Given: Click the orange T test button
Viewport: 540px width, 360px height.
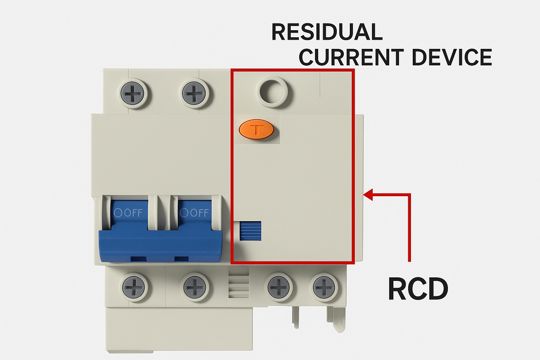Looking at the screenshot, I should [256, 130].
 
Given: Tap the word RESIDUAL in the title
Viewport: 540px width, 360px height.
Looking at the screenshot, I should [327, 32].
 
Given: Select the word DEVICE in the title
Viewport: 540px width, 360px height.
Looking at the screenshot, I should [452, 57].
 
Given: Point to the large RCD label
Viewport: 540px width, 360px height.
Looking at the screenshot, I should [418, 289].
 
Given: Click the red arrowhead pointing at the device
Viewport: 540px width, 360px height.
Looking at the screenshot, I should [368, 194].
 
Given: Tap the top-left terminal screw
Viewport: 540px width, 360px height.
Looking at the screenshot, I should [133, 94].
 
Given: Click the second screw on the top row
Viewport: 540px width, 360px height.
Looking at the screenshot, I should [193, 94].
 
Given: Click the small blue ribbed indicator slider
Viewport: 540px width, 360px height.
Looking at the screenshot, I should [250, 231].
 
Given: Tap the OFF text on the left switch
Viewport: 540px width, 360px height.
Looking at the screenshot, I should [129, 213].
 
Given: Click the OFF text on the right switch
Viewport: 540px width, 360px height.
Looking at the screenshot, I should [194, 213].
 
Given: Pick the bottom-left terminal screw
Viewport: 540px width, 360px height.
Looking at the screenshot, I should [134, 287].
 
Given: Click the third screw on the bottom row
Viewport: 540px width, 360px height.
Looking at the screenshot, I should [279, 287].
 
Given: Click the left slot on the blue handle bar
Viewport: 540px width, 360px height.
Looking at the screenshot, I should [139, 259].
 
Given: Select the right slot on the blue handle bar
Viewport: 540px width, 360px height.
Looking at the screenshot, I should [181, 259].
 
